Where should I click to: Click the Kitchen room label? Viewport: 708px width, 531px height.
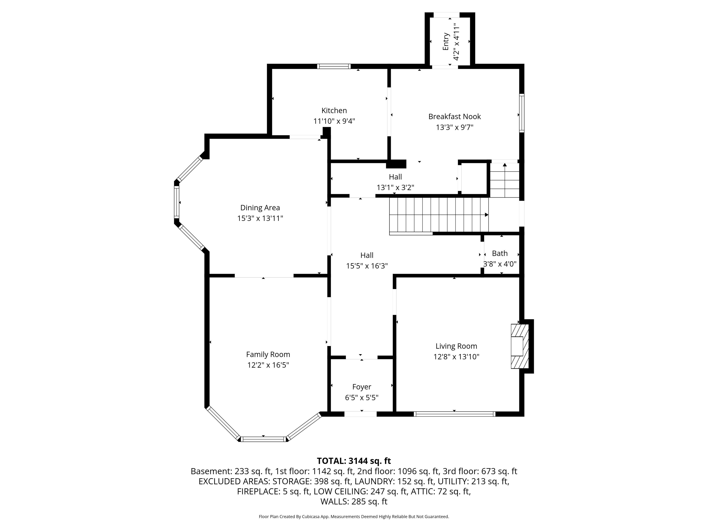click(x=334, y=110)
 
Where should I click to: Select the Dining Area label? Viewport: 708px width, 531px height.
click(x=260, y=208)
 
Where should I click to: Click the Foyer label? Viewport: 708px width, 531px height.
click(x=362, y=387)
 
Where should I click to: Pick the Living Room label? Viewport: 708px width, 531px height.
click(x=456, y=346)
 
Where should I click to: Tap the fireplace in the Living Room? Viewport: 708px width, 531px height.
click(x=520, y=346)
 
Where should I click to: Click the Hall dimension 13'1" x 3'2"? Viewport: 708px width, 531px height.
click(x=395, y=188)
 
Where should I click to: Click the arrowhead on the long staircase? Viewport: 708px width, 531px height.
click(x=487, y=215)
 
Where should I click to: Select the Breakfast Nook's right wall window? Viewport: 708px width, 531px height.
click(x=522, y=113)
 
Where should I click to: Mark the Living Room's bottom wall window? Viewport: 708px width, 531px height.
click(x=454, y=414)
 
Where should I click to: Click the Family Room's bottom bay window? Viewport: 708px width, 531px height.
click(x=263, y=439)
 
